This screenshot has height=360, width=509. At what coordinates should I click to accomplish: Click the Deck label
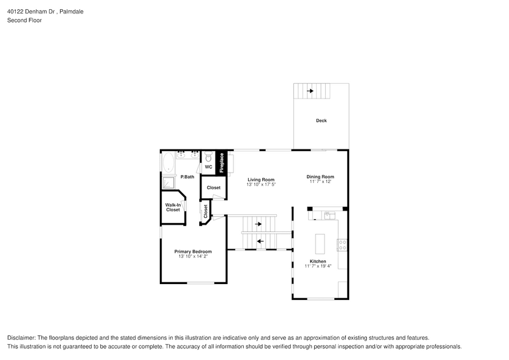click(x=321, y=121)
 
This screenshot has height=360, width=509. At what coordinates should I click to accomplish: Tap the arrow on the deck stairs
click(x=311, y=91)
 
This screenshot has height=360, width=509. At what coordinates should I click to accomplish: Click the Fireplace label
click(x=222, y=162)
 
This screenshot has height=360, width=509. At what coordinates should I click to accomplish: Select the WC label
click(x=208, y=167)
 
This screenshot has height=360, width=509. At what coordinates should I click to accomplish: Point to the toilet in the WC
click(x=208, y=156)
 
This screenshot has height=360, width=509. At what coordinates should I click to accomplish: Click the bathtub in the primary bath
click(x=167, y=162)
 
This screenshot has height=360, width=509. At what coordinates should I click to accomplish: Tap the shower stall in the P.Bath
click(x=167, y=182)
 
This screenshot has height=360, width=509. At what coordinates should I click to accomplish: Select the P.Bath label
click(x=187, y=177)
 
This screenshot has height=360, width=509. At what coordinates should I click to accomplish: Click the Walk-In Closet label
click(x=173, y=208)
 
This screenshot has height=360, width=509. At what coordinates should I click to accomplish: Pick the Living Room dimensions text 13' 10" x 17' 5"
click(x=261, y=184)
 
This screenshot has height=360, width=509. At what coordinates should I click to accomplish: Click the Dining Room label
click(x=320, y=177)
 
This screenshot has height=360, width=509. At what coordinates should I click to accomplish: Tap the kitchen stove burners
click(x=342, y=244)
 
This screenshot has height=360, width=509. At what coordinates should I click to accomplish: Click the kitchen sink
click(x=329, y=215)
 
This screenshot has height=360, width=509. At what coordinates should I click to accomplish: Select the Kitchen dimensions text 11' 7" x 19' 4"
click(x=318, y=266)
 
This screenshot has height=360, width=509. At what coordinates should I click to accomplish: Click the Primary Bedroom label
click(x=193, y=252)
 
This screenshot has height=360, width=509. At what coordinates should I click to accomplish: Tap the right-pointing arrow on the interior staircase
click(x=258, y=224)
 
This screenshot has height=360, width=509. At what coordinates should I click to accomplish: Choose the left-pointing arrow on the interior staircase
click(x=260, y=241)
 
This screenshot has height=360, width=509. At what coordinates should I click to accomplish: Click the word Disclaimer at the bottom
click(x=21, y=338)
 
